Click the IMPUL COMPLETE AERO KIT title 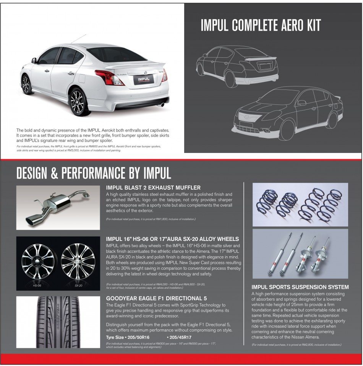(x=261, y=25)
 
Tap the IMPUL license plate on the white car (x=144, y=79)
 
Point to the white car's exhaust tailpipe (x=163, y=104)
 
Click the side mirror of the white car (x=34, y=60)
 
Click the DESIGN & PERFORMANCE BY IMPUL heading (x=94, y=172)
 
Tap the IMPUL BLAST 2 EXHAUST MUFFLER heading (x=153, y=187)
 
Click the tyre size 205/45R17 (x=181, y=337)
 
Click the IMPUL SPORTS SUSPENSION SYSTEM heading (x=300, y=286)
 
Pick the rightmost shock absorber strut (x=323, y=254)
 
